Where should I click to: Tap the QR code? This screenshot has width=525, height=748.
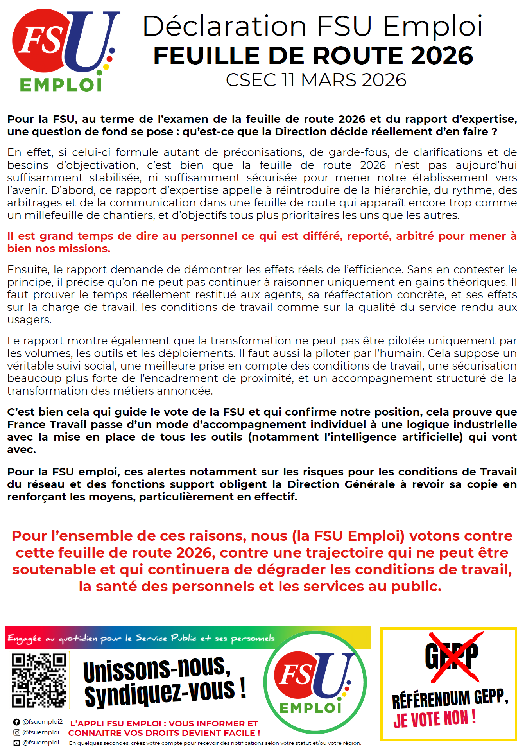pyautogui.click(x=39, y=680)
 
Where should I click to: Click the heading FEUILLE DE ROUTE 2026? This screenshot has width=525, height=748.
pyautogui.click(x=313, y=56)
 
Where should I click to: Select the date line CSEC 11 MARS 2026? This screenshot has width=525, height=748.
pyautogui.click(x=316, y=80)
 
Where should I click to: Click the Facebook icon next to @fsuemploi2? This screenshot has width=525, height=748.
pyautogui.click(x=16, y=722)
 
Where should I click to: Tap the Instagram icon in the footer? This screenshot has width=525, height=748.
pyautogui.click(x=16, y=732)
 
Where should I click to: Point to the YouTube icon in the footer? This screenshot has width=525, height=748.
pyautogui.click(x=16, y=743)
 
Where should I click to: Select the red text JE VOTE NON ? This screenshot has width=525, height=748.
pyautogui.click(x=434, y=719)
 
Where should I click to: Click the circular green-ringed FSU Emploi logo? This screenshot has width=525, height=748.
pyautogui.click(x=315, y=682)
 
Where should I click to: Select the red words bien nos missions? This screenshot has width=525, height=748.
pyautogui.click(x=59, y=249)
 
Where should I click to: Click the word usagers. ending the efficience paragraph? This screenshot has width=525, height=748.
pyautogui.click(x=29, y=320)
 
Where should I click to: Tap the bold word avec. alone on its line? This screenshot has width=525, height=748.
pyautogui.click(x=22, y=450)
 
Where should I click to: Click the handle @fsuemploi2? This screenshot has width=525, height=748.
pyautogui.click(x=42, y=722)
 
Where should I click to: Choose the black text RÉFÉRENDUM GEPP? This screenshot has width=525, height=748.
pyautogui.click(x=450, y=699)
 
